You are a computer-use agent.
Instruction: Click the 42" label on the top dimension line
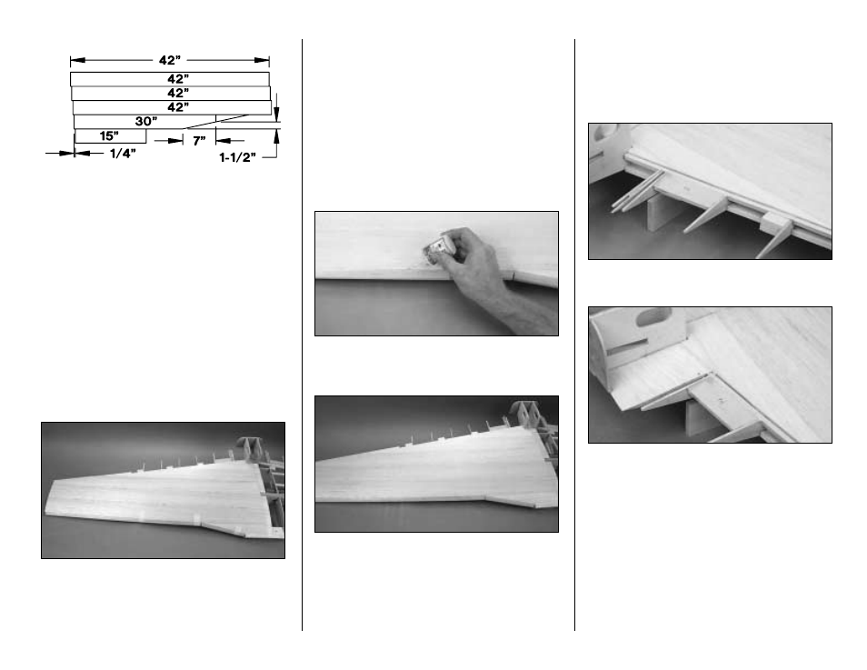tap(170, 60)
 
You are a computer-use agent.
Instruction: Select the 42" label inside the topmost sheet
tap(178, 79)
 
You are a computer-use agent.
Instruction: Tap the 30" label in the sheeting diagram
tap(146, 121)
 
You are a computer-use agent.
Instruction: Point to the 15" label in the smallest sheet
tap(109, 135)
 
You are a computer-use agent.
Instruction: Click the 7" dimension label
tap(199, 141)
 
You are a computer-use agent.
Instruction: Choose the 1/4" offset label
tap(123, 154)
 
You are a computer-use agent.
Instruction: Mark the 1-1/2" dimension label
tap(238, 157)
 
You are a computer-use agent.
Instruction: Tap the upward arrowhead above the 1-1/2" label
tap(276, 135)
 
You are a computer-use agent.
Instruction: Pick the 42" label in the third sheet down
tap(178, 107)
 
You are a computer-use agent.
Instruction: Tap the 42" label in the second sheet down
tap(178, 93)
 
